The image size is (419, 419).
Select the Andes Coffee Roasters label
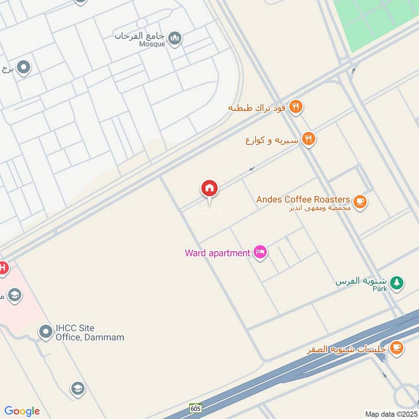tap(303, 200)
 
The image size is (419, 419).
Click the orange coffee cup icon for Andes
tap(359, 201)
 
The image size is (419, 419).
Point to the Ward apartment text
tap(217, 253)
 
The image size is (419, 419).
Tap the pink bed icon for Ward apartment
tap(260, 252)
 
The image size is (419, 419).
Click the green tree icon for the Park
tap(397, 283)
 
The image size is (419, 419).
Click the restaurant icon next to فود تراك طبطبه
tap(296, 107)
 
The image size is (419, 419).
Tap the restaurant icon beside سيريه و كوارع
tap(309, 139)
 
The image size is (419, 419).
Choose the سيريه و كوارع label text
tap(272, 140)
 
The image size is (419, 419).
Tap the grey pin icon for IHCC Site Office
tap(45, 331)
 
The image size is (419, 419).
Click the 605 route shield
tap(196, 408)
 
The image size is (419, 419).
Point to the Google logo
tap(22, 411)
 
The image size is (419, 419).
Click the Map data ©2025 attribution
tap(390, 414)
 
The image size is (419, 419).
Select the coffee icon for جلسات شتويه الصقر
tap(396, 347)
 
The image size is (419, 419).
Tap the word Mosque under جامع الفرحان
tap(152, 45)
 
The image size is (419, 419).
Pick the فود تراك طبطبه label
tap(257, 108)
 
